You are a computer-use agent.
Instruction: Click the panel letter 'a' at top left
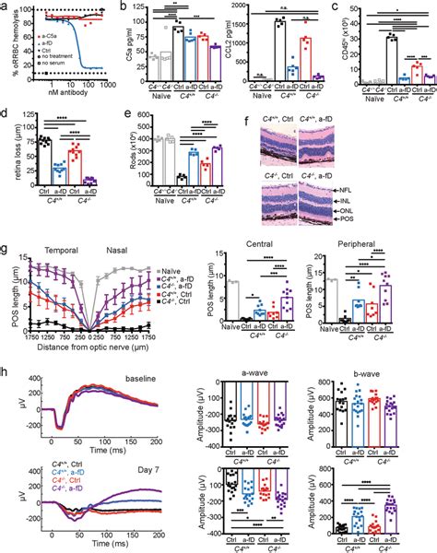tap(5, 6)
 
